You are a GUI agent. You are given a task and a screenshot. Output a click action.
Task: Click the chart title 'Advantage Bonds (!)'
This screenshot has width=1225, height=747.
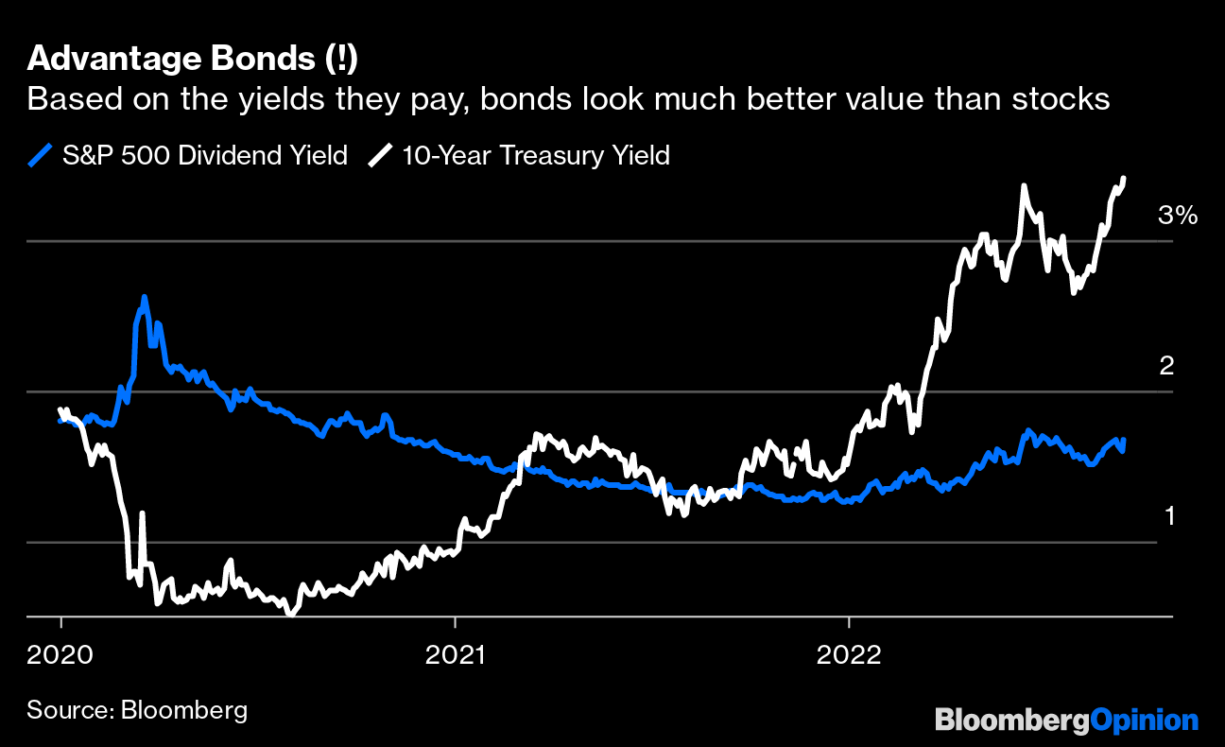[192, 59]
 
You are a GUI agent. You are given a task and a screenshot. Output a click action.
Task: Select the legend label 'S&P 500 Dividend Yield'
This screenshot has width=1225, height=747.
[204, 155]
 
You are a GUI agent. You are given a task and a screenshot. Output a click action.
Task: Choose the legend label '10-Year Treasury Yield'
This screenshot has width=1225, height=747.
[536, 155]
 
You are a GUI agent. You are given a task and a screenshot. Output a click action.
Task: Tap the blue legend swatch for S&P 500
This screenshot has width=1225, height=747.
[39, 155]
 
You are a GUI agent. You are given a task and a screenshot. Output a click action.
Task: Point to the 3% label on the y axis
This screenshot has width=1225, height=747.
[1178, 216]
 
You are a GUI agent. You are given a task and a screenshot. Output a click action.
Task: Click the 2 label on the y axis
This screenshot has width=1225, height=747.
[1166, 366]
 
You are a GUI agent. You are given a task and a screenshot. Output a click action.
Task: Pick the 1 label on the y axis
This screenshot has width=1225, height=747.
[1168, 516]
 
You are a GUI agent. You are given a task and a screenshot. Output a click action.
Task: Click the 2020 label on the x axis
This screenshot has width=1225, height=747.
[60, 652]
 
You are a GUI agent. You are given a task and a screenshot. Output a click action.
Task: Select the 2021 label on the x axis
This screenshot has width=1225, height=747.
[455, 652]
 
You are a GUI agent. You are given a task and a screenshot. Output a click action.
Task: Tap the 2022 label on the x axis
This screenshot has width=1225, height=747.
[849, 652]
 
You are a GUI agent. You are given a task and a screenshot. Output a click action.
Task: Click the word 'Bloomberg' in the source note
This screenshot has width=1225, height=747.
[184, 709]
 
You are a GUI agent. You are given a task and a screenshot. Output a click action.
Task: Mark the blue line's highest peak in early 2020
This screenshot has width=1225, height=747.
[144, 297]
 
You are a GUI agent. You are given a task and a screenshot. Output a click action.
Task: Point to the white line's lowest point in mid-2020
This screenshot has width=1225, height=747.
[289, 613]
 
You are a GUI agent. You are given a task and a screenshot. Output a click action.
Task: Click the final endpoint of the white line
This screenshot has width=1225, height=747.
[1124, 178]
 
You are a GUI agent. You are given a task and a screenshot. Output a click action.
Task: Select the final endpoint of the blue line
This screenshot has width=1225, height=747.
[1123, 441]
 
